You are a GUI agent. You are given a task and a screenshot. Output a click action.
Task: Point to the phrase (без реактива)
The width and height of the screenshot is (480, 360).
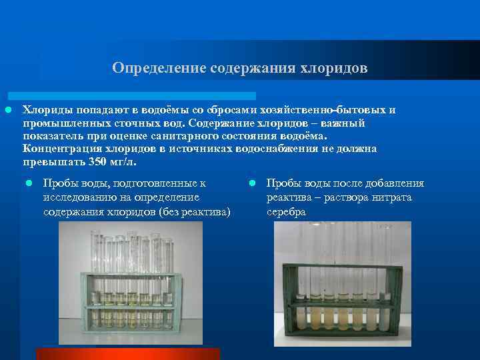tap(195, 212)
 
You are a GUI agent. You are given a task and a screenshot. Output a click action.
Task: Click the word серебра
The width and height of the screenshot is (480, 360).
tap(286, 212)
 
